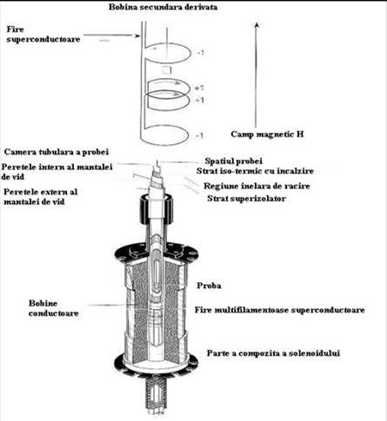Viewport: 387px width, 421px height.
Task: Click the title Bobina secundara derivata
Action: pyautogui.click(x=163, y=7)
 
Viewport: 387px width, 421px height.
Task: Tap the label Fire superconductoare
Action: pyautogui.click(x=43, y=34)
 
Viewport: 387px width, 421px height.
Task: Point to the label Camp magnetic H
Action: pyautogui.click(x=267, y=135)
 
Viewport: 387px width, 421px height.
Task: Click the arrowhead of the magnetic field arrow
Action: pyautogui.click(x=257, y=24)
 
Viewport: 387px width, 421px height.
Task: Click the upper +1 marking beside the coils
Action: pyautogui.click(x=200, y=88)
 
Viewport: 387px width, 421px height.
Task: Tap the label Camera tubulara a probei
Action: pyautogui.click(x=57, y=152)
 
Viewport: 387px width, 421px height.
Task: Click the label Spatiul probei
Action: pyautogui.click(x=234, y=161)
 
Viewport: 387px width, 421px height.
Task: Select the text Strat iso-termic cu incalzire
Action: pyautogui.click(x=255, y=171)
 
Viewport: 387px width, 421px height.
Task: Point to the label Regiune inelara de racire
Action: pyautogui.click(x=257, y=186)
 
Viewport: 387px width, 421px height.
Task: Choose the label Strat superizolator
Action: pyautogui.click(x=247, y=199)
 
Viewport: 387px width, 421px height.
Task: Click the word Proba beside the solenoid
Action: pyautogui.click(x=209, y=286)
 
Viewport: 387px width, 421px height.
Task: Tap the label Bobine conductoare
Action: pyautogui.click(x=54, y=308)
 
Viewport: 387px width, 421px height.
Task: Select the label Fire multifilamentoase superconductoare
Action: pyautogui.click(x=279, y=310)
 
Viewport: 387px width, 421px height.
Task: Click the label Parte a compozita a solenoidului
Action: pyautogui.click(x=273, y=353)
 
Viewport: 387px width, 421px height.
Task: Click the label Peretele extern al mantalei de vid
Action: pyautogui.click(x=41, y=196)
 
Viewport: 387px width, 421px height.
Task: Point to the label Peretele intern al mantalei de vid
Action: pyautogui.click(x=57, y=172)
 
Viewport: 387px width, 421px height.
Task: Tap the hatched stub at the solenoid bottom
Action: pyautogui.click(x=157, y=396)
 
